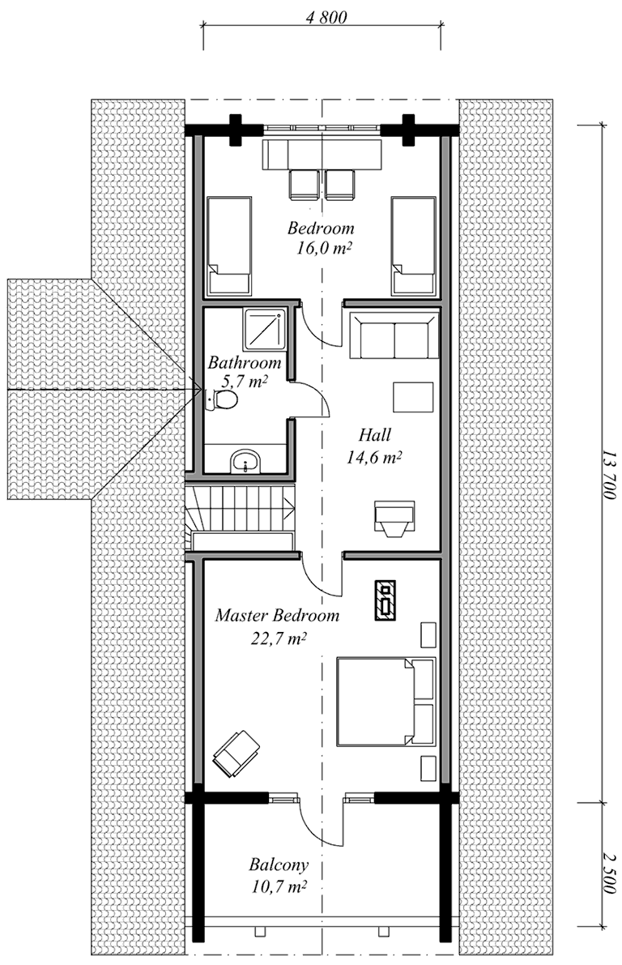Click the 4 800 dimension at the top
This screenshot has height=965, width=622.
[326, 17]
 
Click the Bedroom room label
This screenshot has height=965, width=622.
[322, 228]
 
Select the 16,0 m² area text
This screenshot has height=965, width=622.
[324, 248]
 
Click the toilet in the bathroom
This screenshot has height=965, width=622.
[222, 400]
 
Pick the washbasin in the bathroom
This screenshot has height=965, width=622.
[246, 461]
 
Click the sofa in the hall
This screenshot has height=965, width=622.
[394, 335]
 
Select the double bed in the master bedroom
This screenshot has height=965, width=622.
[386, 702]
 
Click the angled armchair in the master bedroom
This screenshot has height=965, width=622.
[236, 754]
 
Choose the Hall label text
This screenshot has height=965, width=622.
[375, 436]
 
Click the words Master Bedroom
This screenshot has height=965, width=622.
[277, 616]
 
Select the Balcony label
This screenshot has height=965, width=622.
[279, 865]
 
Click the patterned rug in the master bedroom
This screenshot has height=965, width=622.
[386, 600]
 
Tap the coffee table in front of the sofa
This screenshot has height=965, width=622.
[413, 397]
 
